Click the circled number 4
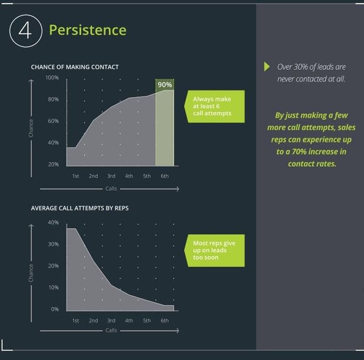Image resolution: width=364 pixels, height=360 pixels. coord(26,31)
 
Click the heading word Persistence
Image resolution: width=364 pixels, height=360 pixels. coord(88,30)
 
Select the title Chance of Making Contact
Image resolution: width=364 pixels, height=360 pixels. coord(75,67)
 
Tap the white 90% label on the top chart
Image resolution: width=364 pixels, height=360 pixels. coord(165,85)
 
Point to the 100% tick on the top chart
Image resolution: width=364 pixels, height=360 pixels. coord(52,78)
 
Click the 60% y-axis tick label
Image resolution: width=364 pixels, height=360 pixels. coord(53,121)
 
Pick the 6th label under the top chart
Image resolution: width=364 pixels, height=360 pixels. coord(165,176)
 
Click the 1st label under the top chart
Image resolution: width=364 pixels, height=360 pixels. coord(75,176)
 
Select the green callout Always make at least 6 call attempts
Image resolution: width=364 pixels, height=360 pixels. coord(214,106)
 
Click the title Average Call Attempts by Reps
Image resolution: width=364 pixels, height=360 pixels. coord(79,208)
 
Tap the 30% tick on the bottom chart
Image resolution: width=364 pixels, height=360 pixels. coord(53,244)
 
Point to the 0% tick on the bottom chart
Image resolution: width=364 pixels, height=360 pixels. coord(55,309)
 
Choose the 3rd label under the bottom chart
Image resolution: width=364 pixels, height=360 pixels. coord(111,321)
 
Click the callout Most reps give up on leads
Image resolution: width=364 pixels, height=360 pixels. coord(214,250)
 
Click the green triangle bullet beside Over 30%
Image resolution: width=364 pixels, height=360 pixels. coord(267,66)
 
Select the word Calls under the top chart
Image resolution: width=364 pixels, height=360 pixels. coord(111,189)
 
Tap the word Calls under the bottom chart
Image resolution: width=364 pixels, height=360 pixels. coord(111,330)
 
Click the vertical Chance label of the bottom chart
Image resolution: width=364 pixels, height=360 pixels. coord(31,273)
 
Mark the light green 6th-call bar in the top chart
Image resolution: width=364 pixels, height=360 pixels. coord(165,128)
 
